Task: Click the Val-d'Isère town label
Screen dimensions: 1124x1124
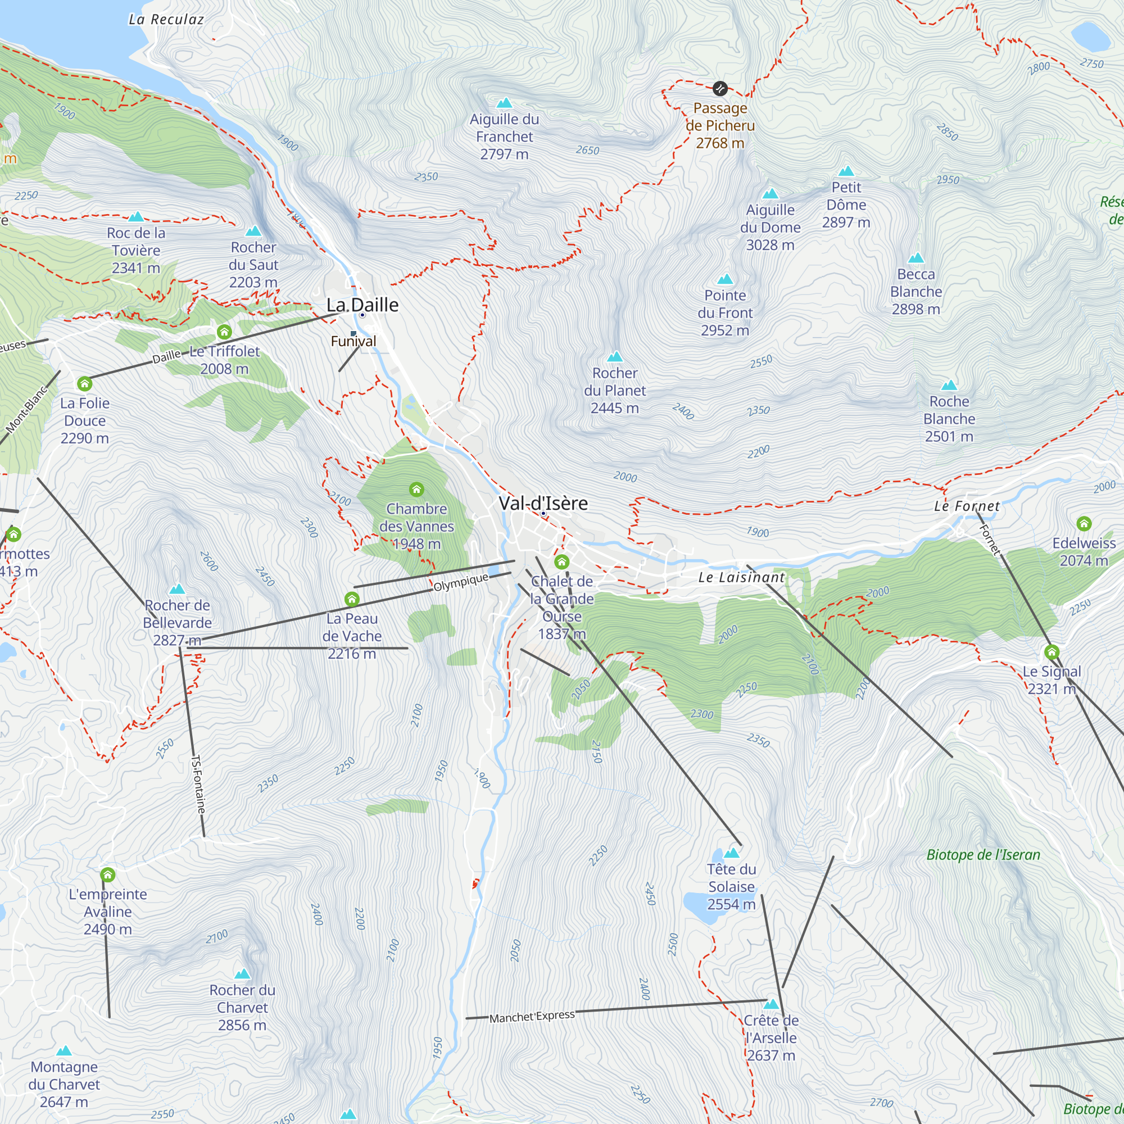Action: (543, 503)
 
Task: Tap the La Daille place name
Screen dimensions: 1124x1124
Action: (362, 305)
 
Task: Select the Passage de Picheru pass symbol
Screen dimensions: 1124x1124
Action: (720, 88)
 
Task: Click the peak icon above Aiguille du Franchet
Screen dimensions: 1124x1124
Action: (505, 103)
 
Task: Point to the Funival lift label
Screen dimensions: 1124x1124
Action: (353, 342)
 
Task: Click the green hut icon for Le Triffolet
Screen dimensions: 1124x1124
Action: (224, 332)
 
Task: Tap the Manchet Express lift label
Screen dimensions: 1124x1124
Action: (532, 1016)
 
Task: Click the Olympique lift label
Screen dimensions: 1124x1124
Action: (461, 582)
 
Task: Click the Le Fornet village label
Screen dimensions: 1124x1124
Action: (966, 506)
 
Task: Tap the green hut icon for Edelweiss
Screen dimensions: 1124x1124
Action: (1084, 524)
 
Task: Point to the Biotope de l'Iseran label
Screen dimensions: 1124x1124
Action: (983, 855)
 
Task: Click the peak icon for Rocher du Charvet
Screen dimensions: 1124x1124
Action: (242, 974)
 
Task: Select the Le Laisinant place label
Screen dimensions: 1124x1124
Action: (741, 578)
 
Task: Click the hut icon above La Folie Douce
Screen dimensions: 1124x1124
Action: (85, 383)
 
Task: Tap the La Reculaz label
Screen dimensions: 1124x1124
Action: (166, 20)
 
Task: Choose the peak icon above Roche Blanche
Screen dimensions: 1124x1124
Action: (949, 385)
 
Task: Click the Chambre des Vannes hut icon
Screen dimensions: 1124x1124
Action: (416, 490)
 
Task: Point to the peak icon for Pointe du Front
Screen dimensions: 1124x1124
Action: (725, 279)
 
